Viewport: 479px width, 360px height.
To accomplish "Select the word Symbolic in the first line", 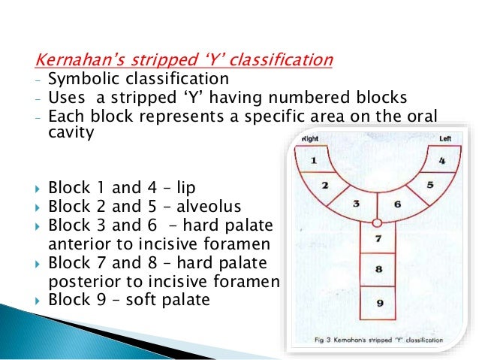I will pyautogui.click(x=79, y=79).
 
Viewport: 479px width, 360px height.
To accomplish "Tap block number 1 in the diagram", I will pyautogui.click(x=314, y=160).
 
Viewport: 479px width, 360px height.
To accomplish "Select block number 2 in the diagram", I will pyautogui.click(x=325, y=186).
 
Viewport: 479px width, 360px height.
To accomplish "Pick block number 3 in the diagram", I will pyautogui.click(x=358, y=203).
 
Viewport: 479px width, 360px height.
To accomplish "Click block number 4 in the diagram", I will pyautogui.click(x=442, y=159).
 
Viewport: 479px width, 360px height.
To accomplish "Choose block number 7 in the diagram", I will pyautogui.click(x=378, y=239).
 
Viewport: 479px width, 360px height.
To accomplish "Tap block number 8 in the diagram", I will pyautogui.click(x=378, y=269).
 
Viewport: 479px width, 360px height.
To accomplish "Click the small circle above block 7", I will pyautogui.click(x=378, y=222).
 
